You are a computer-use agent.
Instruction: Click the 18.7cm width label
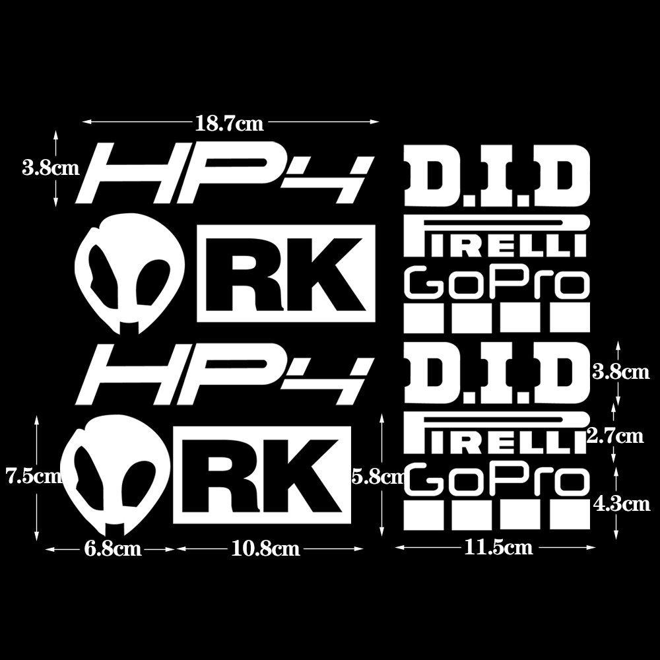click(x=229, y=123)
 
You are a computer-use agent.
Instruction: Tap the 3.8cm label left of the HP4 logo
click(x=51, y=168)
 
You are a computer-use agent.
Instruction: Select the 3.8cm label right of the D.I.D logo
click(x=621, y=373)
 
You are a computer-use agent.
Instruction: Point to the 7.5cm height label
click(x=33, y=475)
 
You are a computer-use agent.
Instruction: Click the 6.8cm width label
click(x=113, y=548)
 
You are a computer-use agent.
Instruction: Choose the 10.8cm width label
click(x=266, y=548)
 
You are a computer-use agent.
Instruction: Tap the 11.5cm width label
click(x=498, y=547)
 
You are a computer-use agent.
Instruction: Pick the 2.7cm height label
click(x=614, y=436)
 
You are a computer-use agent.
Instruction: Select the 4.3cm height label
click(x=621, y=504)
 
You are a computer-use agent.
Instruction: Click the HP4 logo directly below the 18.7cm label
click(x=224, y=173)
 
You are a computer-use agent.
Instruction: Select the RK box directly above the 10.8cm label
click(x=263, y=475)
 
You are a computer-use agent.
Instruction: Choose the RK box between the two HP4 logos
click(x=286, y=273)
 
